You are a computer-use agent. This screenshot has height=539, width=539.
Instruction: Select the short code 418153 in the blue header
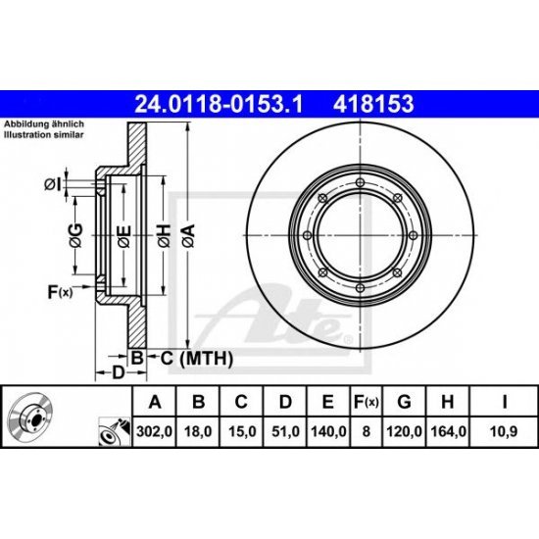372,102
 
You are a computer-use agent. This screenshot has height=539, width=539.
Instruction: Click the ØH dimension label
164,232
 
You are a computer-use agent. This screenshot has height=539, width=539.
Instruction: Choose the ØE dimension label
122,232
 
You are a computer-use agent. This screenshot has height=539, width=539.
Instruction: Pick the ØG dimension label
74,232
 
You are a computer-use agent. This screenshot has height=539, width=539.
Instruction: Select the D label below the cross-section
117,372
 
